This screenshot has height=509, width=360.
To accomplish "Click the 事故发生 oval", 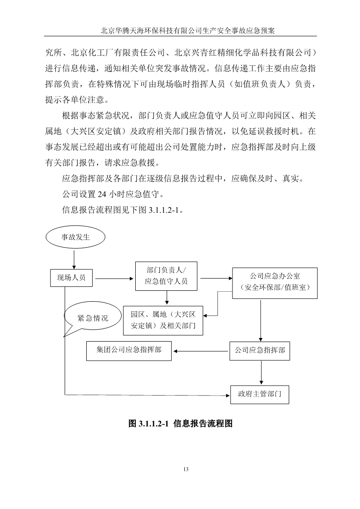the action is (75, 237).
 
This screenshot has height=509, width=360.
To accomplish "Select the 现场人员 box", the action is (71, 278).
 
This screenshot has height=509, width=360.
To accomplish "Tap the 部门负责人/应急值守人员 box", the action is (166, 276).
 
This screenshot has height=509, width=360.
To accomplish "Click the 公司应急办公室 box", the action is (275, 283).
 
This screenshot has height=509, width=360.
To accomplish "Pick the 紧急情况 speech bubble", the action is (92, 318).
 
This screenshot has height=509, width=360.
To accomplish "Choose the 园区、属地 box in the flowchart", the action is (163, 320).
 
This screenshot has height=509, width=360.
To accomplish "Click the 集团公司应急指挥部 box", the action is (128, 351).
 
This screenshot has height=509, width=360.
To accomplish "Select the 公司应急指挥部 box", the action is (260, 351).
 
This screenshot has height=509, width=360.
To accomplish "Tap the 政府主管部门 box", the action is (260, 394).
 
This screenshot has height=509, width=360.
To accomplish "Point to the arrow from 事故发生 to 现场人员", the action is (74, 259).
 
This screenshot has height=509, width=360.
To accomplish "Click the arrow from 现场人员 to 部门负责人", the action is (114, 279).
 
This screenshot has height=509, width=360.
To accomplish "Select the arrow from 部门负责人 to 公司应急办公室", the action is (216, 278).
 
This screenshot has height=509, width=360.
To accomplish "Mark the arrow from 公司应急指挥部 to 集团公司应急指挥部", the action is (201, 351).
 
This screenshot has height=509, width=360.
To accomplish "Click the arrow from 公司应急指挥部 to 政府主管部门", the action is (261, 372).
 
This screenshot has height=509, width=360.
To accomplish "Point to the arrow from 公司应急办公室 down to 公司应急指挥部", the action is (260, 320).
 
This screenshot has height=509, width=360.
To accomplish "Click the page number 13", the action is (186, 469).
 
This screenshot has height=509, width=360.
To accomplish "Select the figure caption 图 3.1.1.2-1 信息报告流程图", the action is (180, 423).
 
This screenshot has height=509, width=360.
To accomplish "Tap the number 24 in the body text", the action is (102, 194).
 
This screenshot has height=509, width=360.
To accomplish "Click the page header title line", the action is (188, 30).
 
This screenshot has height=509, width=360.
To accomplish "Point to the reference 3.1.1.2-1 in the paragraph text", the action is (164, 210).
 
